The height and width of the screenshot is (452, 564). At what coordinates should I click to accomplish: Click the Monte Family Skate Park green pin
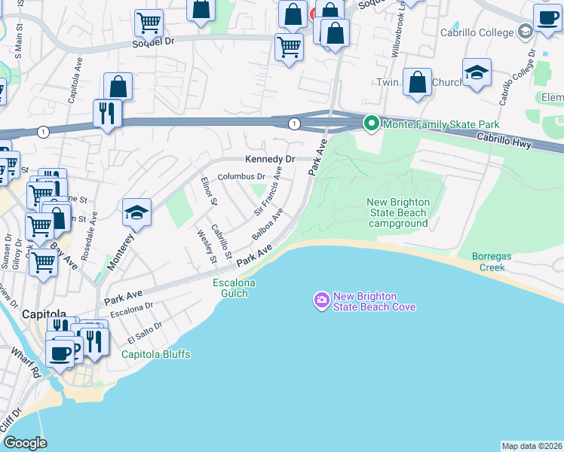click(x=370, y=124)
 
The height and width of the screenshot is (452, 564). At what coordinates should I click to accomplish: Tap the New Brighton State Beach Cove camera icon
click(x=322, y=301)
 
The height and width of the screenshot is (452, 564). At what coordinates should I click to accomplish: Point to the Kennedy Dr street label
click(x=269, y=160)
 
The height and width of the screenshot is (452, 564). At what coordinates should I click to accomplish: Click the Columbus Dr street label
click(x=241, y=177)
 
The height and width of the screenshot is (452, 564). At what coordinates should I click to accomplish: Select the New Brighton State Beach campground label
click(x=398, y=212)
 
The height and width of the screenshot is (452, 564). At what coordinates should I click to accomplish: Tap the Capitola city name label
click(x=44, y=313)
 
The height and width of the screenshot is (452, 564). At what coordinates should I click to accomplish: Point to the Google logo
click(x=25, y=443)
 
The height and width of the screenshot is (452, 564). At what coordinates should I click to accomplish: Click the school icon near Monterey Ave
click(x=137, y=214)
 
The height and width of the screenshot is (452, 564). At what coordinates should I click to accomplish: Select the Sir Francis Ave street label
click(x=268, y=195)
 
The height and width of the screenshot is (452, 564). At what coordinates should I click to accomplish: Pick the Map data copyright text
click(x=532, y=445)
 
